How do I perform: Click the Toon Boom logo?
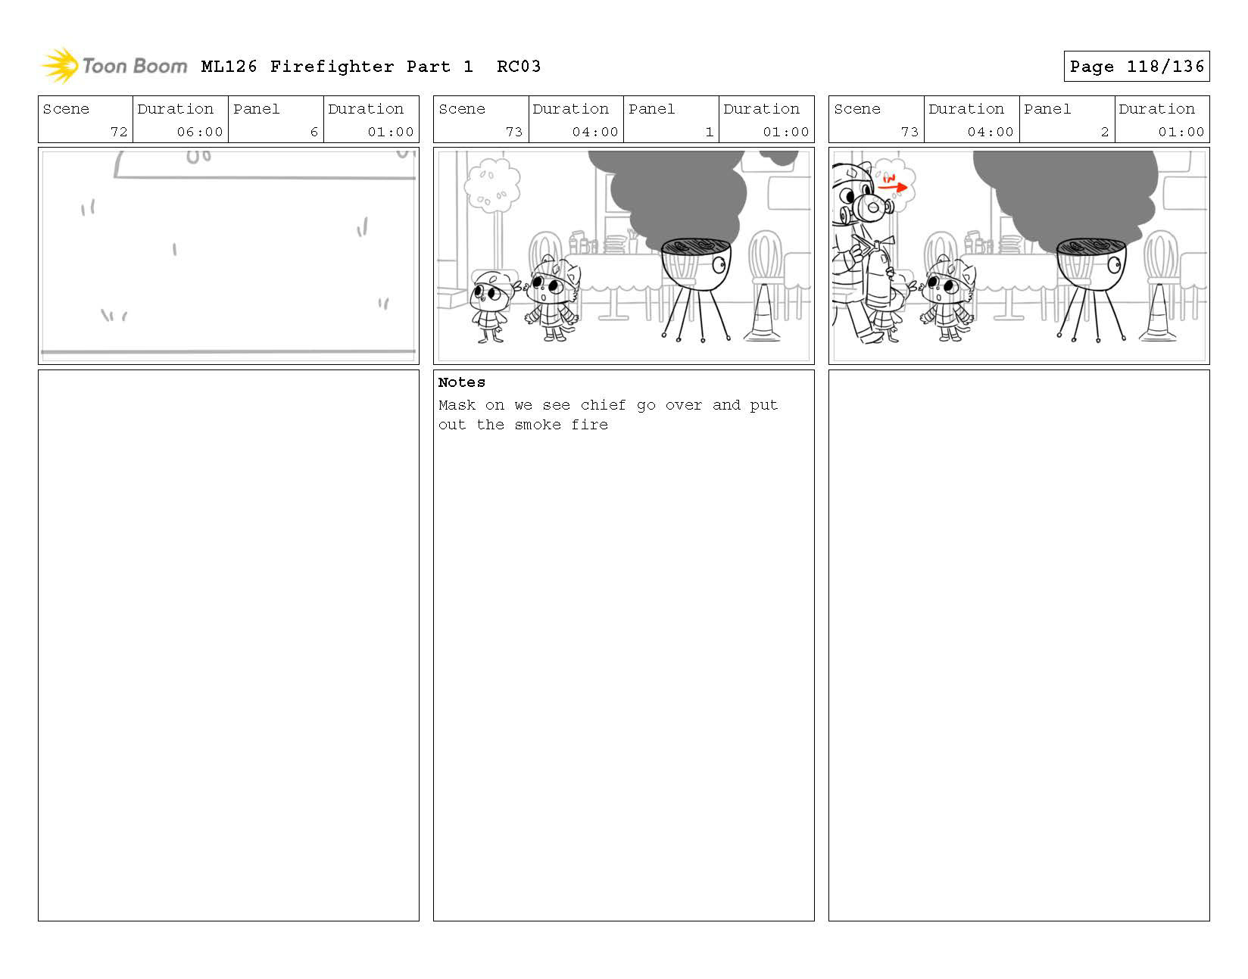tap(114, 66)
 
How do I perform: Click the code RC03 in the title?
tap(519, 67)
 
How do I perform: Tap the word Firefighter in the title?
tap(332, 67)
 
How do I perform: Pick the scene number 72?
tap(119, 132)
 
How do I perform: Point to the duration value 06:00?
tap(199, 132)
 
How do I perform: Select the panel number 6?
tap(314, 132)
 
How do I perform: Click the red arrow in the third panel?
tap(893, 186)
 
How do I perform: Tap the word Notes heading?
tap(461, 382)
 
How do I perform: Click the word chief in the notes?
tap(603, 405)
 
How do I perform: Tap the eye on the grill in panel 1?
tap(719, 265)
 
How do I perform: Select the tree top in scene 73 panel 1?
tap(492, 185)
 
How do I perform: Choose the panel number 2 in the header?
tap(1104, 132)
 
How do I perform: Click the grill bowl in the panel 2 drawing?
tap(1090, 265)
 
